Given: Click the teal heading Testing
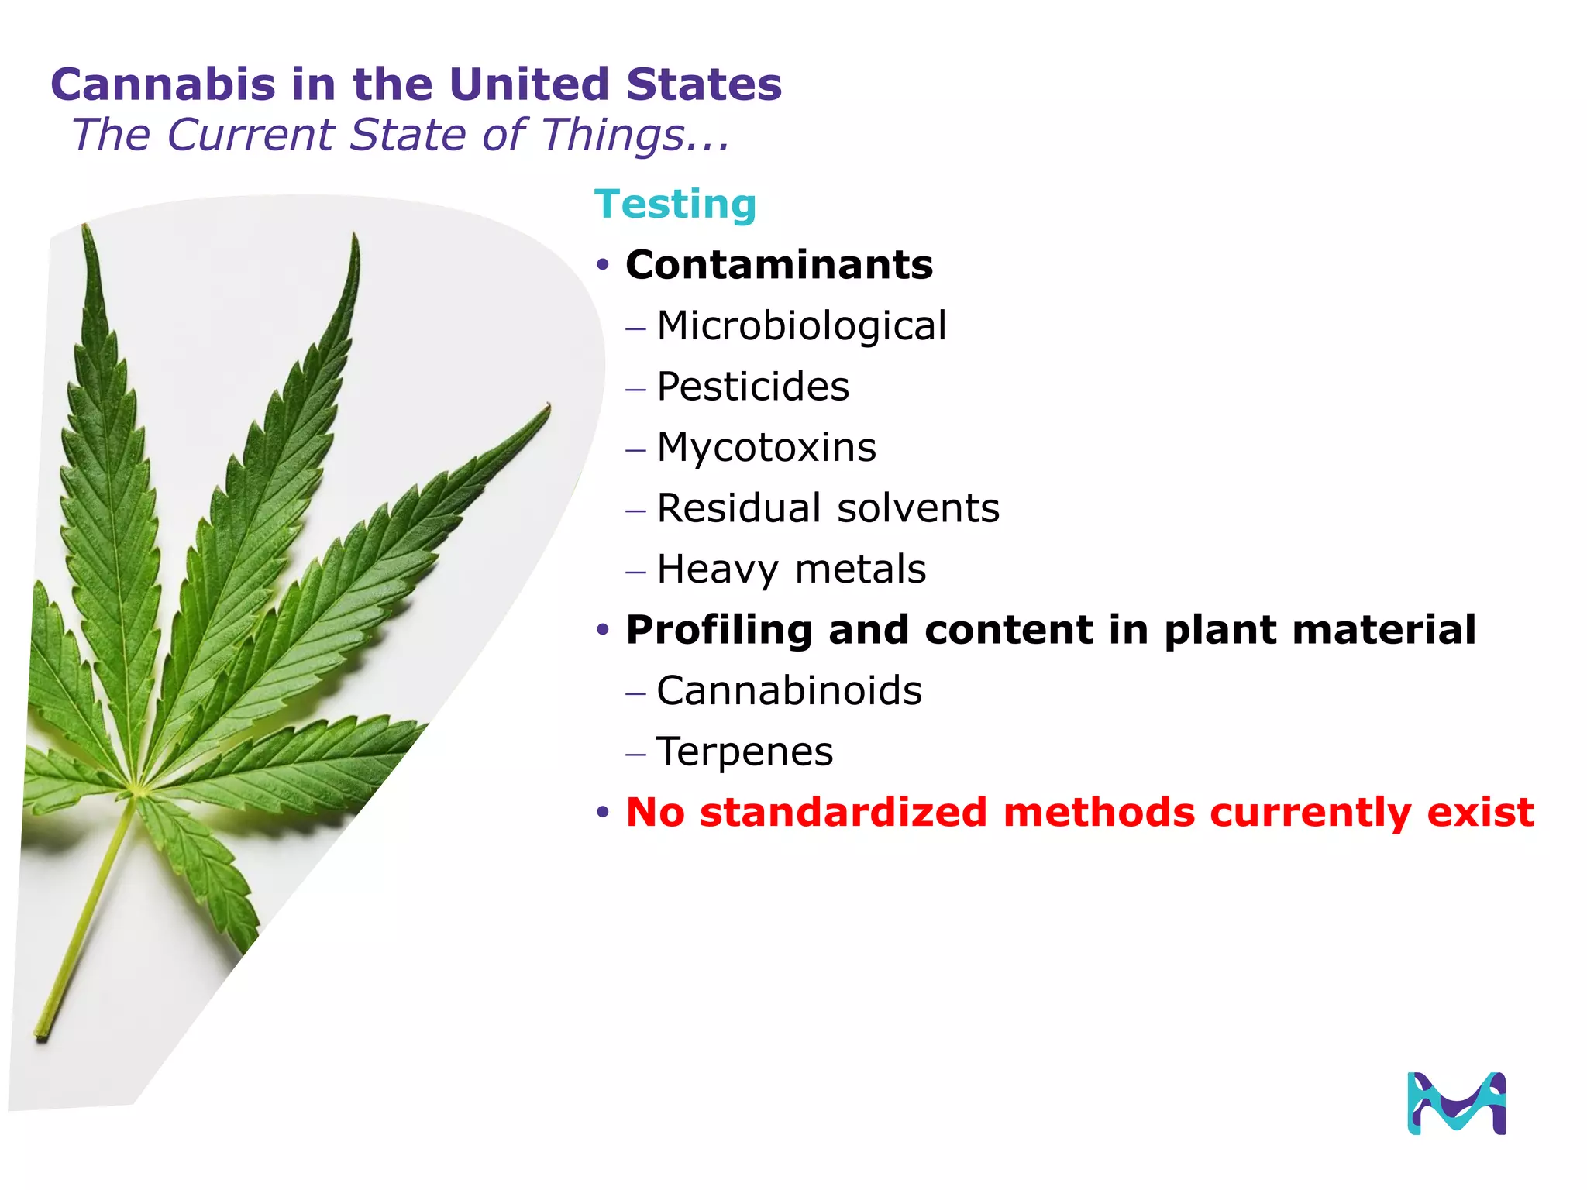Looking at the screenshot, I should pos(675,205).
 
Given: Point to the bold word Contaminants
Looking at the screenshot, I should pos(779,265).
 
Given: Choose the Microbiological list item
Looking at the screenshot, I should pos(801,325).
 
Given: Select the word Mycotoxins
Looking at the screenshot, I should pos(766,447).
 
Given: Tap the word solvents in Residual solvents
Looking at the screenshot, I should pos(918,508).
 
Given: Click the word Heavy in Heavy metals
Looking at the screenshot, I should pos(717,569).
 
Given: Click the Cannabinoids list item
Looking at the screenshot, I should pos(789,690).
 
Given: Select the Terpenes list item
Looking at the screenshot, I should pos(745,751).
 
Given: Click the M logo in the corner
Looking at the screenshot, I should pos(1456,1103).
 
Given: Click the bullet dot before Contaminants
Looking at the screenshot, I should pos(604,266).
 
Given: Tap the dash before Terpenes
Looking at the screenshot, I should pos(635,754).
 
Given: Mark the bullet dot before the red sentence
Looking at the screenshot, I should pos(604,813).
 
